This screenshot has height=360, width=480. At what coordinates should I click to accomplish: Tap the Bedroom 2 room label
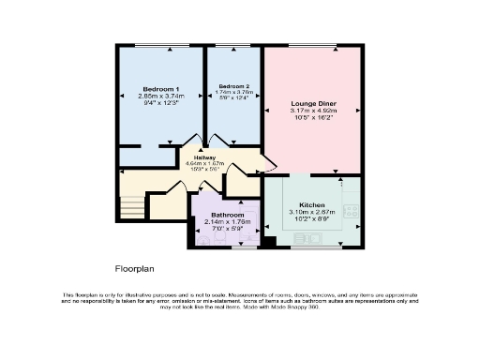233,86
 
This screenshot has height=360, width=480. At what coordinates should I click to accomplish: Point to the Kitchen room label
312,204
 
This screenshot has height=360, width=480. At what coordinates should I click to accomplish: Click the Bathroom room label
227,215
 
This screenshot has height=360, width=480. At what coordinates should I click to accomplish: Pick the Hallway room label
205,157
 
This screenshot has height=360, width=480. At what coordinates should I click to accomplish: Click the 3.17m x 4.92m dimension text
313,112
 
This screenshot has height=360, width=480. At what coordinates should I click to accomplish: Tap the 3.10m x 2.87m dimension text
312,213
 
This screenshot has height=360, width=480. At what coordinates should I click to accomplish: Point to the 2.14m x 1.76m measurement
227,222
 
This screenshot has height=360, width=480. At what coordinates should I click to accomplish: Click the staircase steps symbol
130,205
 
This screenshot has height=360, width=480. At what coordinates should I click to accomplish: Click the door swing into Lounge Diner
270,165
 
